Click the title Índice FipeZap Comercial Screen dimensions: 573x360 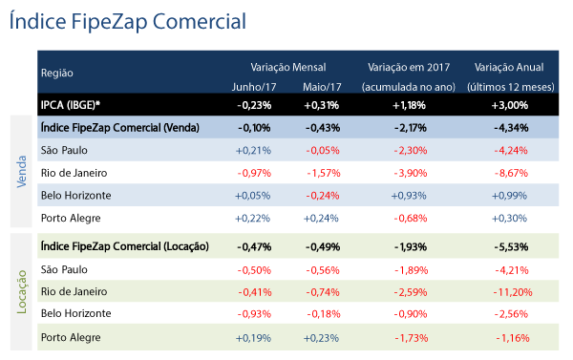(x=128, y=21)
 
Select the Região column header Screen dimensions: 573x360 (x=57, y=74)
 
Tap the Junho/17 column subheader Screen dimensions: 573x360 (x=254, y=87)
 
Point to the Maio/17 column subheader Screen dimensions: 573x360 (x=322, y=87)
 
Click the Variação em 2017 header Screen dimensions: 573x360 (x=409, y=67)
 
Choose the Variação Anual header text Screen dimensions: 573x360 (x=509, y=67)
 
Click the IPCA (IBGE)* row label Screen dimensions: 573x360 (x=71, y=105)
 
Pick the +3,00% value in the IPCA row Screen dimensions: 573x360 (x=510, y=105)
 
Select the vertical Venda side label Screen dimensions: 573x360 (x=22, y=172)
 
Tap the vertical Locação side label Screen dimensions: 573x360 (x=22, y=292)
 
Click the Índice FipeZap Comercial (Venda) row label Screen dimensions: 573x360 (x=120, y=128)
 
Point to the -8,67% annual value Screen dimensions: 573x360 (x=511, y=173)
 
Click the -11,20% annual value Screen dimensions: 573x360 (x=513, y=292)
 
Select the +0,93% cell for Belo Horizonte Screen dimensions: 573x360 (x=409, y=196)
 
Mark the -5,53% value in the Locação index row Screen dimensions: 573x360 (x=511, y=247)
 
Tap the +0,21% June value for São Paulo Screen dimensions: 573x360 (x=253, y=151)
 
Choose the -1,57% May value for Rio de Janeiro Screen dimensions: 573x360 (x=324, y=173)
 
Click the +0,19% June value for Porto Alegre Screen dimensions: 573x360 (x=253, y=338)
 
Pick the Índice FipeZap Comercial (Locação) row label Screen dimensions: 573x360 (x=125, y=246)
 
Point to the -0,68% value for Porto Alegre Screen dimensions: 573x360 (x=411, y=218)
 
